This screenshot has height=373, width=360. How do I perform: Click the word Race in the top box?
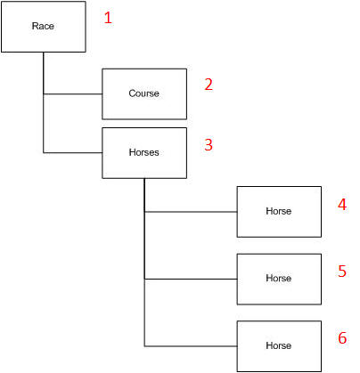tap(43, 26)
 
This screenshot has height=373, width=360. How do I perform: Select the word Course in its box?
tap(143, 93)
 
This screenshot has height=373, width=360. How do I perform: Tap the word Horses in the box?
tap(143, 152)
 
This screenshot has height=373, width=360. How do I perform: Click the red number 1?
tap(108, 18)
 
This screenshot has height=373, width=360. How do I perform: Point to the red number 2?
tap(209, 85)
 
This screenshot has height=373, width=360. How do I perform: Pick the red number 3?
tap(209, 144)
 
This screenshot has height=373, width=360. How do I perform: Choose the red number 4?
tap(342, 205)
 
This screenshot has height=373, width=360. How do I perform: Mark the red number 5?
tap(342, 271)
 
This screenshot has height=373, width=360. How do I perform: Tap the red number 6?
tap(342, 338)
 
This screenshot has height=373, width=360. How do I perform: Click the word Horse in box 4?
tap(279, 211)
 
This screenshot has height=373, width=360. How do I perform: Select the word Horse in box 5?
tap(279, 278)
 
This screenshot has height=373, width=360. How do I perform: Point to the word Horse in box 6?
tap(279, 345)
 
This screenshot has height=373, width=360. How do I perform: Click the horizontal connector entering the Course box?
tap(73, 94)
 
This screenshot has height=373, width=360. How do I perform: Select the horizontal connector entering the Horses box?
tap(73, 153)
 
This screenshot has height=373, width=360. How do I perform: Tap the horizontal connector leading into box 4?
tap(191, 212)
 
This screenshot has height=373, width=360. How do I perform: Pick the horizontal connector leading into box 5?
tap(191, 279)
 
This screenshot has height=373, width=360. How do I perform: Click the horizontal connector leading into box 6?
tap(191, 346)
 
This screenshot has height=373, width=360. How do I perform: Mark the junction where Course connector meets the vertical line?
tap(44, 94)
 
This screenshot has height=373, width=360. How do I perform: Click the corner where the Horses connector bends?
tap(44, 153)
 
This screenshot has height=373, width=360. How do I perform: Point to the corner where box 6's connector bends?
tap(144, 346)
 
